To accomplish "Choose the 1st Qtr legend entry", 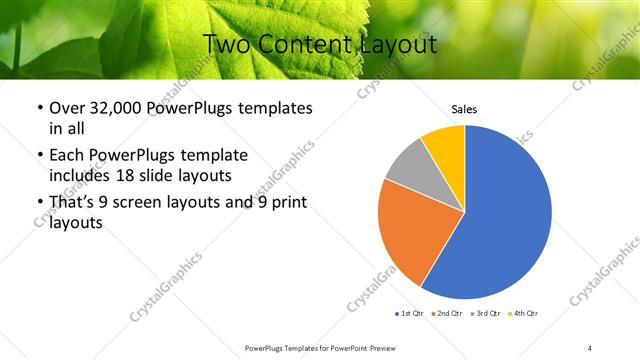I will (x=410, y=314).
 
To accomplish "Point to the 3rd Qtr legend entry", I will (x=485, y=314).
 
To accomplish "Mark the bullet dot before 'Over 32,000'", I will (x=39, y=108).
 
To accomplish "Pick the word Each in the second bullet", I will (x=67, y=155).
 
